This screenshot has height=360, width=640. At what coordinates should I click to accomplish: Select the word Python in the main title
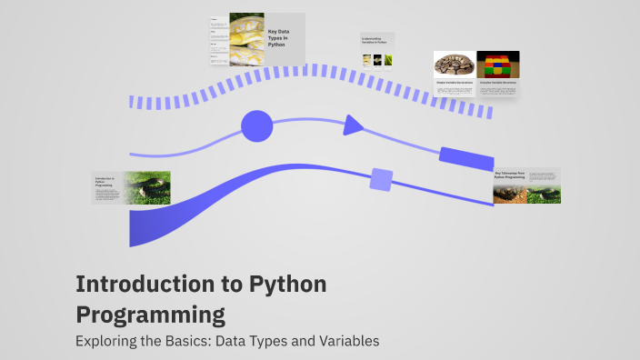pos(285,285)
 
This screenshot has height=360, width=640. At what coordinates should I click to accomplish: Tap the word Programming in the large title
pos(150,315)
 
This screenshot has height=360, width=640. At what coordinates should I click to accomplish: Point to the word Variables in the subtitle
pos(345,342)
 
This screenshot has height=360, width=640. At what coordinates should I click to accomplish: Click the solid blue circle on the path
pos(256,126)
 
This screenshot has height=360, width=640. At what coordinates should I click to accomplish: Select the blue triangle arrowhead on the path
pos(353,125)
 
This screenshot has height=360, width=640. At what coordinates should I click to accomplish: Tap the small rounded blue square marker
pos(381,179)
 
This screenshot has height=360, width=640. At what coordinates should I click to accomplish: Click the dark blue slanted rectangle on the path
pos(465,156)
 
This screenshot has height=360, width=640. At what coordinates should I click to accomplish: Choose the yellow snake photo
pos(246,39)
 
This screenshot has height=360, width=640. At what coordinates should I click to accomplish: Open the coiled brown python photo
pos(454,64)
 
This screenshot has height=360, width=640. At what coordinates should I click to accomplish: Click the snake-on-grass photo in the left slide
pos(146,187)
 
